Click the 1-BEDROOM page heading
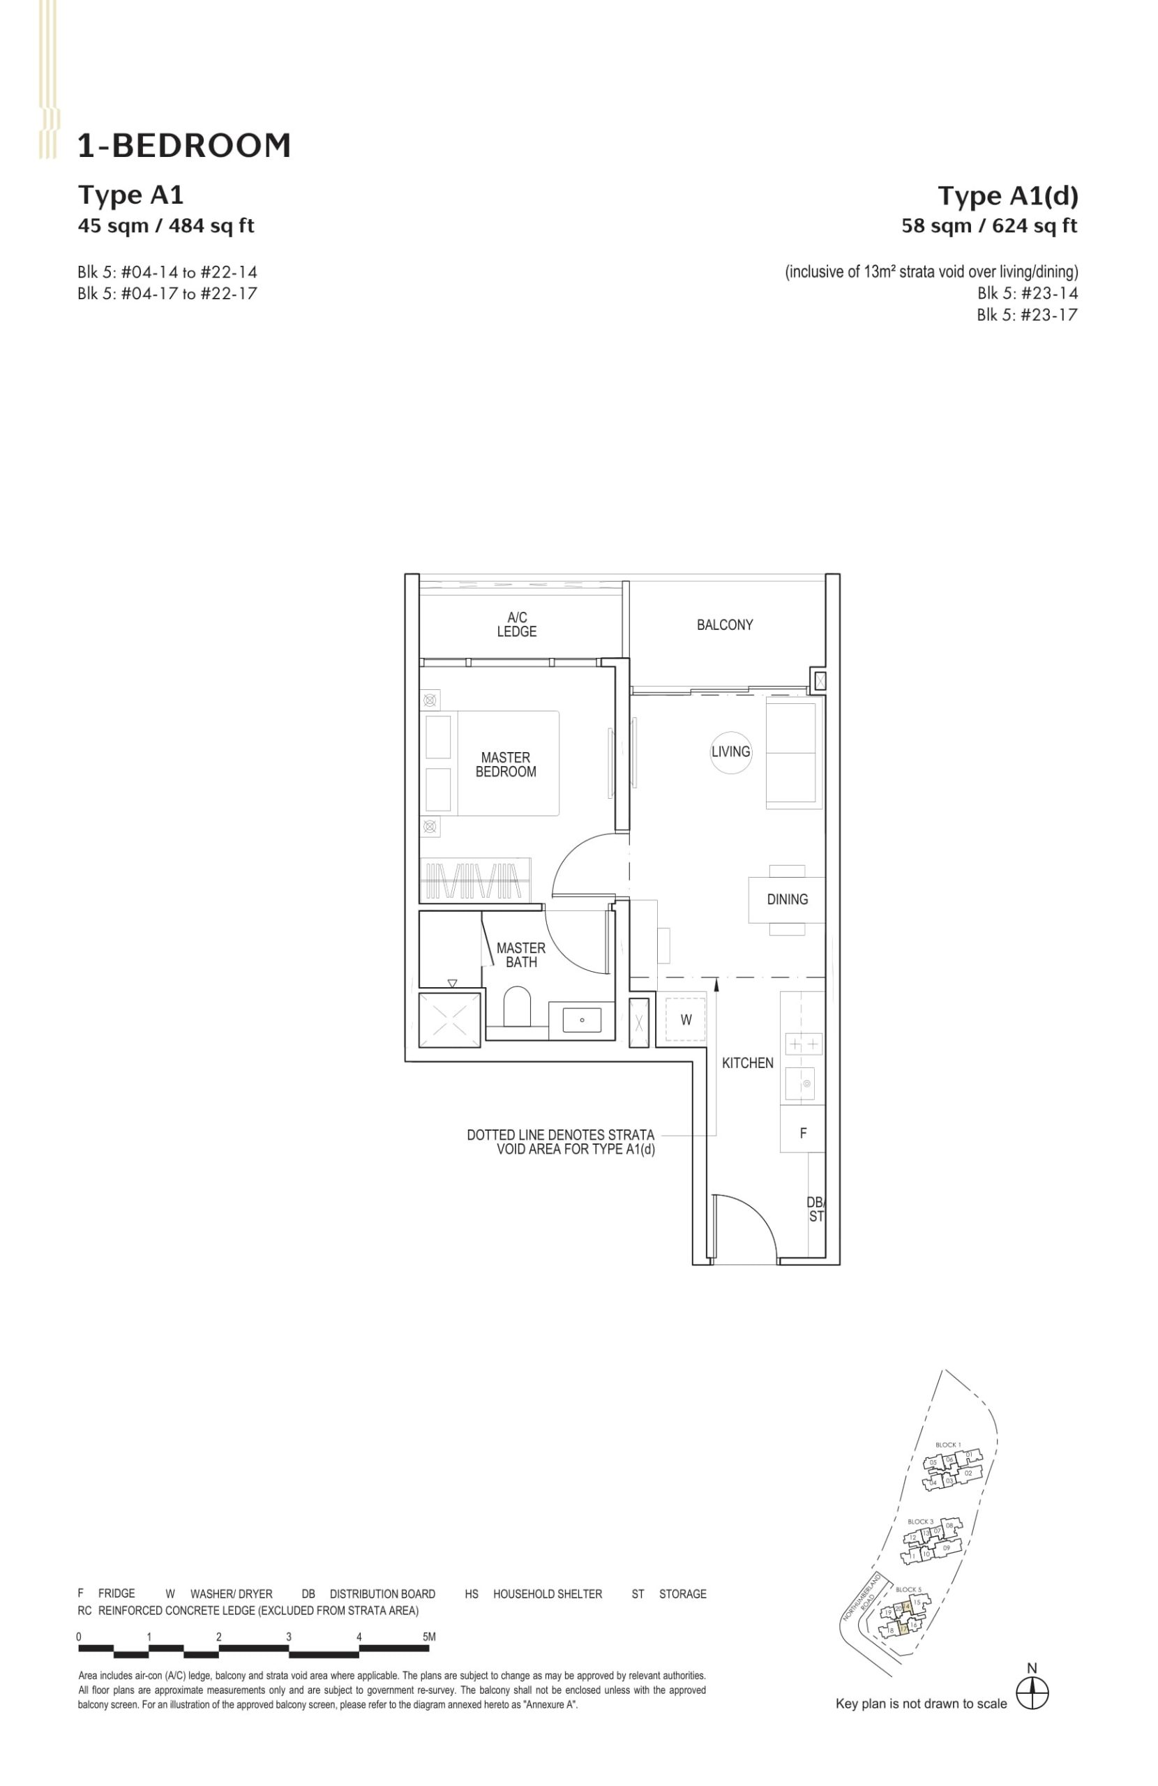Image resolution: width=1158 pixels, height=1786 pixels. [184, 146]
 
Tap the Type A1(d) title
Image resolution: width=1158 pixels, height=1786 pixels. [1007, 196]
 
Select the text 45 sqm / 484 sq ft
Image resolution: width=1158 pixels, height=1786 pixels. [166, 225]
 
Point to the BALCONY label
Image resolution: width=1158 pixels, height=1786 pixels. [724, 624]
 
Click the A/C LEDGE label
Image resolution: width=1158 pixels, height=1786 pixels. [516, 624]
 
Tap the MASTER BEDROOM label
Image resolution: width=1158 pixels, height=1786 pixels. [505, 764]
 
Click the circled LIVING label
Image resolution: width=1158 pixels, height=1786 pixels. [730, 751]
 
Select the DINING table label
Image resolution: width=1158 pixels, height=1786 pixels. [786, 899]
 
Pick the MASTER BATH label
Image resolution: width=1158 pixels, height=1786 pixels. [520, 954]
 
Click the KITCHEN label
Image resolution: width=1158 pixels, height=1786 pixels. [746, 1063]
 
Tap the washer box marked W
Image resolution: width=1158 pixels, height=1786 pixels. [685, 1019]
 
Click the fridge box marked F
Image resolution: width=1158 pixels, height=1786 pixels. [802, 1133]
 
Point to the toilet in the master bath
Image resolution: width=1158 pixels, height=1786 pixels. [516, 1006]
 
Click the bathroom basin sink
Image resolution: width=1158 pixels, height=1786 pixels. [582, 1020]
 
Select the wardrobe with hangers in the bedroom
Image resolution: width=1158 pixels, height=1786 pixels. [474, 880]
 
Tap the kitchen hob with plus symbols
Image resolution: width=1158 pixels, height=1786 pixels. [803, 1044]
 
